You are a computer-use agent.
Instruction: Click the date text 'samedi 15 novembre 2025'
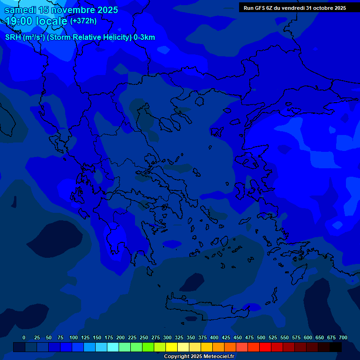click(61, 10)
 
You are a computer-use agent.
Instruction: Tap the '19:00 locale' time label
click(36, 21)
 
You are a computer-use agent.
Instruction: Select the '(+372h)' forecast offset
click(83, 21)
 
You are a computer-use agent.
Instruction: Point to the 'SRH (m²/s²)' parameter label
click(25, 37)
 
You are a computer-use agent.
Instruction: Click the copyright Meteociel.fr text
click(199, 356)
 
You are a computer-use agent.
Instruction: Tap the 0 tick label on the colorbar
click(24, 337)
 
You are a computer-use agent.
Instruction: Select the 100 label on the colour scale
click(74, 337)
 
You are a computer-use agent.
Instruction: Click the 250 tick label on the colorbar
click(144, 337)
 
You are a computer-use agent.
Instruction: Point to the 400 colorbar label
click(214, 337)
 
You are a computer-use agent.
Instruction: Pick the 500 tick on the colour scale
click(261, 337)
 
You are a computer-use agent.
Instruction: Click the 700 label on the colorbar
click(343, 337)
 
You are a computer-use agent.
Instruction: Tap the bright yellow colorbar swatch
click(172, 347)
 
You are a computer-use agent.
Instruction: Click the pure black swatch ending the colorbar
click(336, 347)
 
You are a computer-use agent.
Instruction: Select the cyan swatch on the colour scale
click(113, 347)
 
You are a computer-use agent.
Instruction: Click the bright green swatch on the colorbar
click(148, 347)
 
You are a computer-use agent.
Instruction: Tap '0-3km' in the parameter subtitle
click(144, 37)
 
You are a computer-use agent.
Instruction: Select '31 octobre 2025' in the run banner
click(326, 8)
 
